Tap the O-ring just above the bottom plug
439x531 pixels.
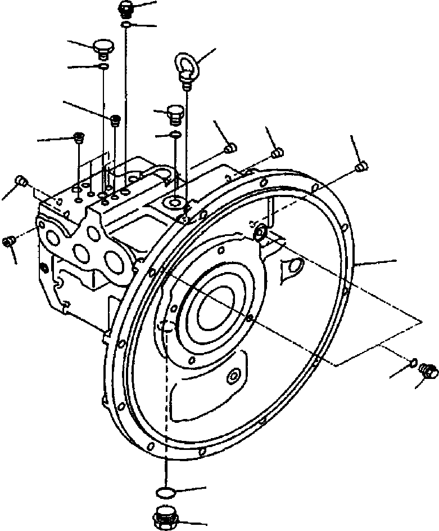(164, 493)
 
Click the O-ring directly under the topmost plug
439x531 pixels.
(126, 25)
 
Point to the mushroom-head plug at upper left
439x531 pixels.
(102, 47)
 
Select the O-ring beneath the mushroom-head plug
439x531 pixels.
(103, 67)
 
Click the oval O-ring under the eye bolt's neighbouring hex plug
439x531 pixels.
(175, 134)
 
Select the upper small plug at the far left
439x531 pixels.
(22, 180)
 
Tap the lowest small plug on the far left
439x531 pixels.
(8, 241)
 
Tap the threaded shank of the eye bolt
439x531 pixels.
(186, 83)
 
